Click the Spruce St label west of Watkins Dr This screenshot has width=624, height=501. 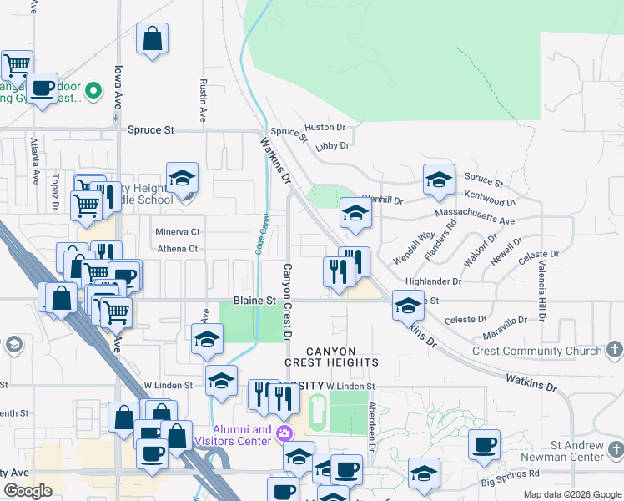151,130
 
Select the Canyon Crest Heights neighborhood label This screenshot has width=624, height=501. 331,357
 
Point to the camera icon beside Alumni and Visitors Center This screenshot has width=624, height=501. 284,433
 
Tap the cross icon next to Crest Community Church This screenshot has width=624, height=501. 614,350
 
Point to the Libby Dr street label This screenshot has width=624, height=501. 332,145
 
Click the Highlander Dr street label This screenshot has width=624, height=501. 432,282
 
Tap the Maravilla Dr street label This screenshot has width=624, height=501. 505,320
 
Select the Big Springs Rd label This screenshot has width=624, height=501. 510,483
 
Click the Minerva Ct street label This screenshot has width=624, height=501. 178,231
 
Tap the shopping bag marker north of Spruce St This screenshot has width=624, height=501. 153,38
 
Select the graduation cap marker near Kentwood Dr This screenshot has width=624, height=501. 439,179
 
